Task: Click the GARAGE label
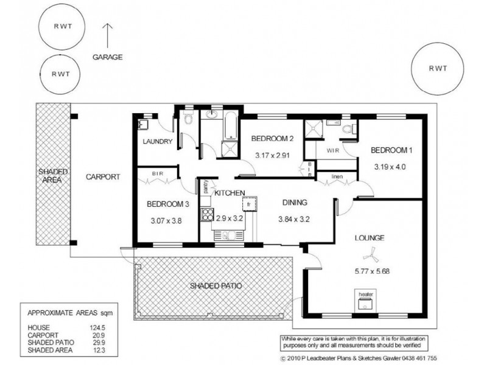(x=108, y=57)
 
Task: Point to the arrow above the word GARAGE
(x=108, y=35)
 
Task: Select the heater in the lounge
(x=365, y=302)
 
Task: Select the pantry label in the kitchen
(x=206, y=186)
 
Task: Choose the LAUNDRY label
(x=158, y=142)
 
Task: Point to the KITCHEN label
(x=229, y=193)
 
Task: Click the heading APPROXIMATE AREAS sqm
(x=71, y=313)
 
